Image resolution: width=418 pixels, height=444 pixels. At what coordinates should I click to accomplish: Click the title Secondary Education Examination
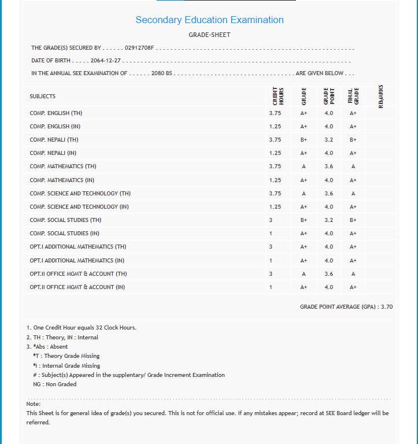click(209, 20)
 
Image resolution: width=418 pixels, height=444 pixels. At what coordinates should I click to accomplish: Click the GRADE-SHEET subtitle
click(209, 35)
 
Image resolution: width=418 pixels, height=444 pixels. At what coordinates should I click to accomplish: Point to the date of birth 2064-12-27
click(106, 61)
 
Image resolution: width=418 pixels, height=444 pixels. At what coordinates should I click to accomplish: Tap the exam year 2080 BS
click(162, 73)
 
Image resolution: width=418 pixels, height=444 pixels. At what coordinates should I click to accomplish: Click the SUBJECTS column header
click(43, 97)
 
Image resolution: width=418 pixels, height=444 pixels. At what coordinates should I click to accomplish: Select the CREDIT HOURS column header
click(278, 96)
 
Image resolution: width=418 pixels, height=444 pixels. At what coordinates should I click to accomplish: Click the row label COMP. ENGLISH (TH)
click(56, 113)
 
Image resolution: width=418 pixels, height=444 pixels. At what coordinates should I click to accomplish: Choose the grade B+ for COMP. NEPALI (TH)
click(304, 140)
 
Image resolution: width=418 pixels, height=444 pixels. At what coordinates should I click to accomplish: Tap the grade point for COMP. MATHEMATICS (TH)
click(328, 166)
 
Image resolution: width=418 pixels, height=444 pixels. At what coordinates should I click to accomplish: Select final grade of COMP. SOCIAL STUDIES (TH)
click(353, 220)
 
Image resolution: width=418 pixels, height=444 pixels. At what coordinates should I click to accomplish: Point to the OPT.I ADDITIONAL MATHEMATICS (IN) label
click(77, 260)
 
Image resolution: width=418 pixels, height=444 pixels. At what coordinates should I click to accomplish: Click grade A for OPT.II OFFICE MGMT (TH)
click(304, 274)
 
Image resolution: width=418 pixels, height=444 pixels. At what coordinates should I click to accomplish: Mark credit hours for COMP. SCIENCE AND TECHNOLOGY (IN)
click(275, 207)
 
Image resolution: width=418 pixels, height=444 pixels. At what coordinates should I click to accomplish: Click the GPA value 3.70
click(386, 307)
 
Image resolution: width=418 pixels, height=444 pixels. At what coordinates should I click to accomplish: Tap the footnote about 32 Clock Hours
click(82, 328)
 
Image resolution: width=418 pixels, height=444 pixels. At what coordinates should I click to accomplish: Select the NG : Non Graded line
click(54, 384)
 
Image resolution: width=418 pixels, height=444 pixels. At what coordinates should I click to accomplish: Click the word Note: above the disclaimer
click(33, 404)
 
